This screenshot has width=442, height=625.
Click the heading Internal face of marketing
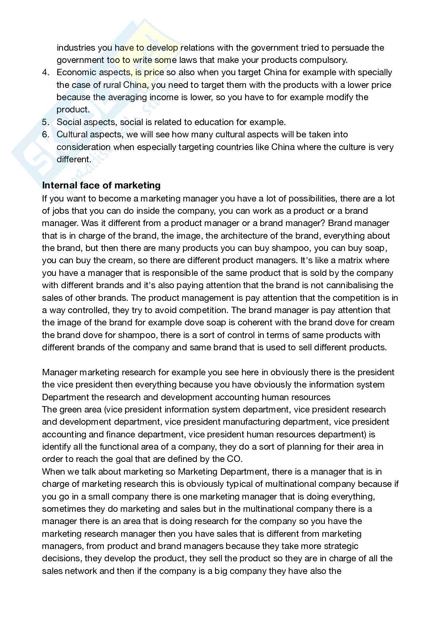click(101, 185)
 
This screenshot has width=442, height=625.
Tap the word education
click(218, 122)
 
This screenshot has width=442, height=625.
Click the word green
click(71, 410)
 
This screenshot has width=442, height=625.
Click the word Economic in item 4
click(76, 72)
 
